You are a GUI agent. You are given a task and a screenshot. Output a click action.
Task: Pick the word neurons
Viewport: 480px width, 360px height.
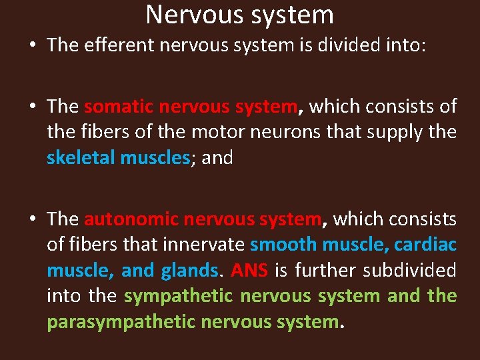[x=282, y=132]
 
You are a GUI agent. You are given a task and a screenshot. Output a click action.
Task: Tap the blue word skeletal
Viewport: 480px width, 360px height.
[x=80, y=158]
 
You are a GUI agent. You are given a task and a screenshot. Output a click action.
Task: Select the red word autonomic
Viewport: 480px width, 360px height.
[x=131, y=219]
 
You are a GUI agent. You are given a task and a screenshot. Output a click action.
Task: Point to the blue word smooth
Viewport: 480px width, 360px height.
[x=283, y=245]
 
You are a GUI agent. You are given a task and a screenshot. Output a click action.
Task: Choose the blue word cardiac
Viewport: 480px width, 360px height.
[x=425, y=245]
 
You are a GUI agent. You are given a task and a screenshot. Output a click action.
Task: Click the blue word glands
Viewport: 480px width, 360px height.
[x=189, y=271]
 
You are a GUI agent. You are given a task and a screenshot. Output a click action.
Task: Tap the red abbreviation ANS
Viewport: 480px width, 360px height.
[x=249, y=270]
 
